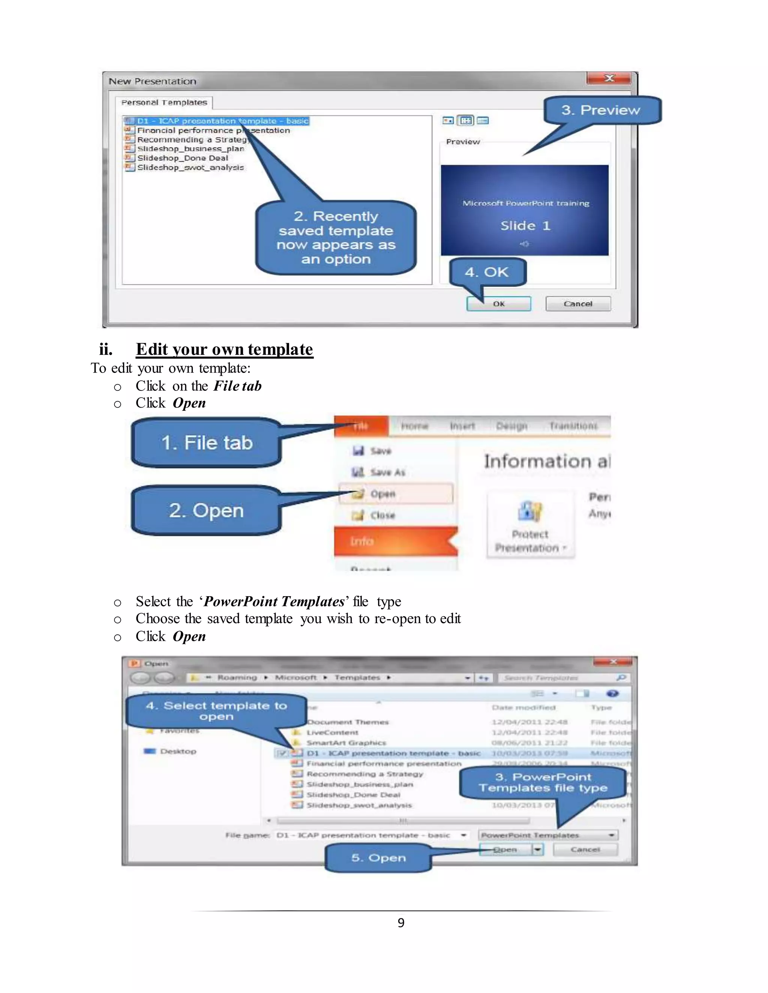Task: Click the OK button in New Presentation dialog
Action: (499, 304)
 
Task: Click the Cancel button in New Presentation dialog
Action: (578, 304)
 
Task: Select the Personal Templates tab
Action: (164, 103)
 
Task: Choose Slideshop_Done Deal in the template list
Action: (183, 158)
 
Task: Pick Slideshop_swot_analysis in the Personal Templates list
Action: (190, 167)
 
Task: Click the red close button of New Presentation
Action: (609, 78)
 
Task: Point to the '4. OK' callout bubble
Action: (487, 272)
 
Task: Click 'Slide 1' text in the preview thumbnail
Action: (525, 226)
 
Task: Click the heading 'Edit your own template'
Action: (224, 349)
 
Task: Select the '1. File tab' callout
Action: (207, 443)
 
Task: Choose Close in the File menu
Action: (382, 515)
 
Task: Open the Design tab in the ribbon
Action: (512, 426)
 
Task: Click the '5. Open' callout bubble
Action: (378, 858)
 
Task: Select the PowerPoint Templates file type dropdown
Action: (548, 835)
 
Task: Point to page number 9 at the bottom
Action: (401, 923)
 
